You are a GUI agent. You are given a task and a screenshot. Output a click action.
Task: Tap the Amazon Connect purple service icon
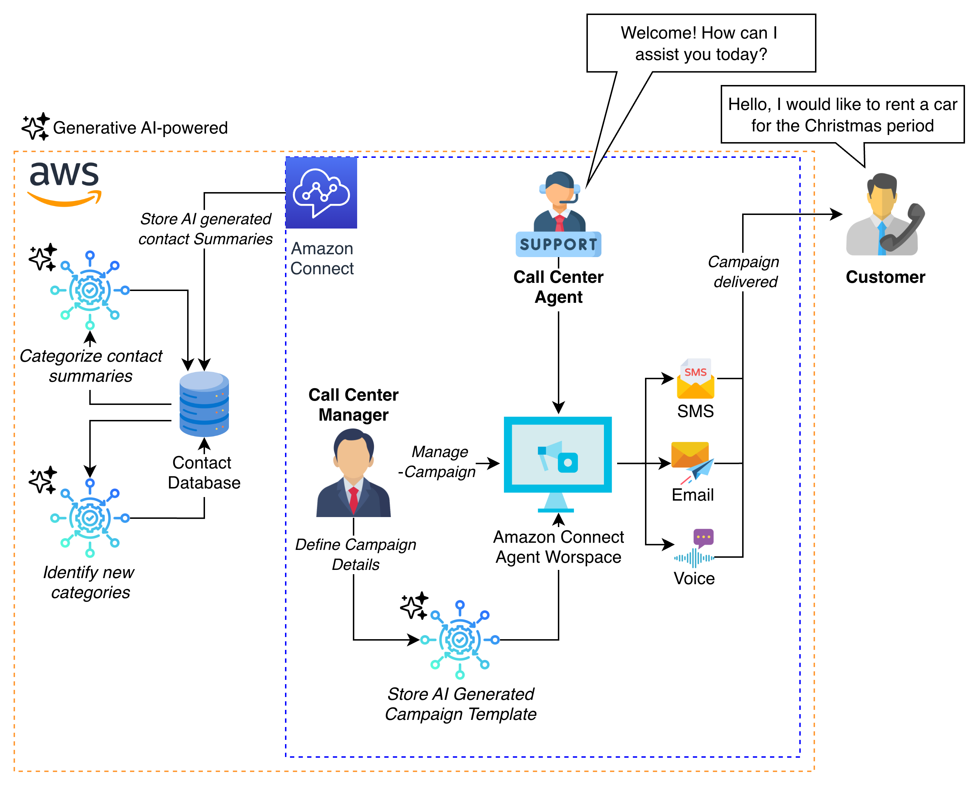pyautogui.click(x=321, y=193)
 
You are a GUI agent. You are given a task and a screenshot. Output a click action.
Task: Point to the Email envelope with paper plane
pyautogui.click(x=692, y=462)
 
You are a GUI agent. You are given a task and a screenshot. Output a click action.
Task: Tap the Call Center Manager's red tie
pyautogui.click(x=354, y=500)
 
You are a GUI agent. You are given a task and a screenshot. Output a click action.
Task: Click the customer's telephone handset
pyautogui.click(x=905, y=227)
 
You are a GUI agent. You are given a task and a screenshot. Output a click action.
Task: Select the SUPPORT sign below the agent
pyautogui.click(x=558, y=245)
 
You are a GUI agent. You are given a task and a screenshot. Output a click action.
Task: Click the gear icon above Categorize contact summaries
pyautogui.click(x=90, y=290)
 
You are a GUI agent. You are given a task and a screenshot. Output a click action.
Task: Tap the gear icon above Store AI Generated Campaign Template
pyautogui.click(x=460, y=640)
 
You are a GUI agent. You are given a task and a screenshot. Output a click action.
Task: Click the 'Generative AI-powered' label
pyautogui.click(x=141, y=128)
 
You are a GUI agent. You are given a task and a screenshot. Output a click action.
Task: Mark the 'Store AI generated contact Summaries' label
pyautogui.click(x=205, y=229)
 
